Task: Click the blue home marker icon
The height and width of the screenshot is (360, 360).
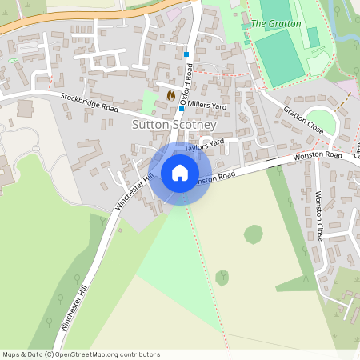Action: (x=180, y=172)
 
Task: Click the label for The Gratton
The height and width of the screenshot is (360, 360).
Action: (x=276, y=24)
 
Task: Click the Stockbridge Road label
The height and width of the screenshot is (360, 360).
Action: (x=89, y=102)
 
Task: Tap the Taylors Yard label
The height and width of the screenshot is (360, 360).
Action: (x=202, y=148)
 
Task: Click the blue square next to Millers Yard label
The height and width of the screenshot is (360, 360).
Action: (x=182, y=109)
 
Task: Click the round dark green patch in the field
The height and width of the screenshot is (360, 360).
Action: (x=254, y=234)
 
